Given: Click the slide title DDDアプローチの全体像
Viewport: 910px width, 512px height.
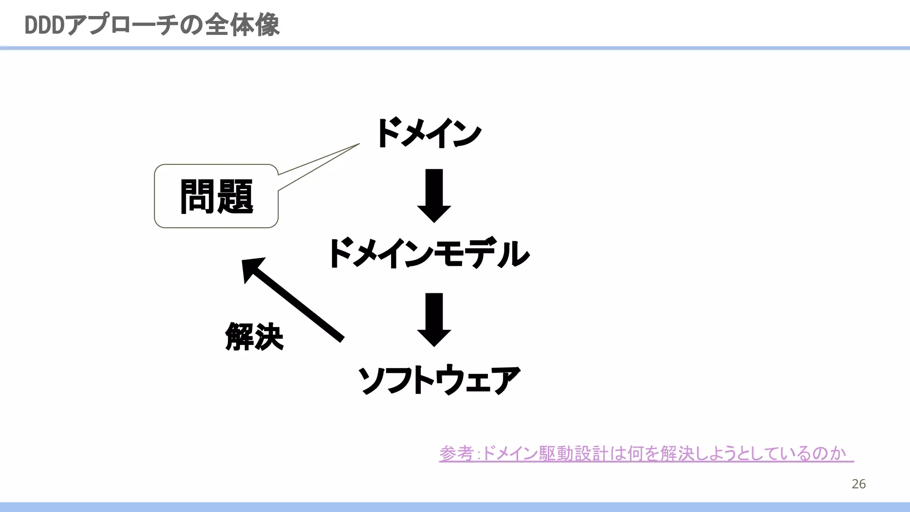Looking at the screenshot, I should tap(152, 25).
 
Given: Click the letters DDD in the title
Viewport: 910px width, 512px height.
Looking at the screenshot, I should tap(44, 25).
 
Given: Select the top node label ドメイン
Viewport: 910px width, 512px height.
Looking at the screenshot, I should tap(429, 133).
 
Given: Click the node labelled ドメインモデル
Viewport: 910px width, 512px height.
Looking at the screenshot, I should tap(429, 253).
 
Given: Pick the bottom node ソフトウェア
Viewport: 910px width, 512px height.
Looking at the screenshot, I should tap(439, 380).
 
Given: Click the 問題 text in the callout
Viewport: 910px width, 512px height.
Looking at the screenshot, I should tap(216, 196).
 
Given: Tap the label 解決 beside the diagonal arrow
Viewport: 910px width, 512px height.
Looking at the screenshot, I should tap(254, 337).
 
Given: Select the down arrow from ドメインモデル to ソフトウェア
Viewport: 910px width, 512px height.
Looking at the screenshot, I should tap(434, 319).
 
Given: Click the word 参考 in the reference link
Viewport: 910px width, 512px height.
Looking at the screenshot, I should tap(456, 453).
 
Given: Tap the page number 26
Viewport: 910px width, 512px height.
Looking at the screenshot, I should tap(858, 484).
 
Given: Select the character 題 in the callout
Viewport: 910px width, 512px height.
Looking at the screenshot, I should tap(235, 196).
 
